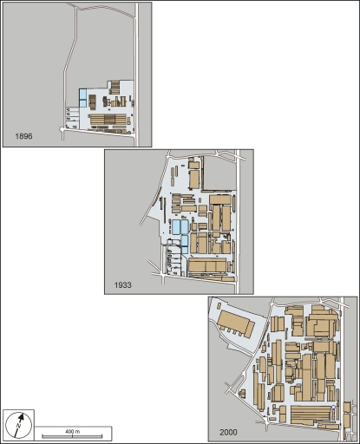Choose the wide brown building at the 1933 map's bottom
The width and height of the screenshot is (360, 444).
[x=208, y=264]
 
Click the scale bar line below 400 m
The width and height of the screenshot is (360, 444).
[x=73, y=435]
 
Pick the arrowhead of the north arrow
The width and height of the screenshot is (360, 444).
[x=25, y=417]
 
